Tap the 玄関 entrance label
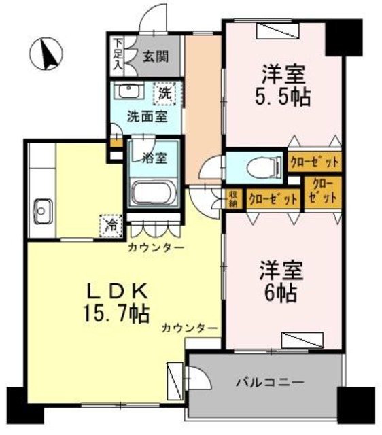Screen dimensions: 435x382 point(156,57)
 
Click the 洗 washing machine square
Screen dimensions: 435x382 point(165,92)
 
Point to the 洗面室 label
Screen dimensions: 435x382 point(147,116)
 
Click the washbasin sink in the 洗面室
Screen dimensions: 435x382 point(128,91)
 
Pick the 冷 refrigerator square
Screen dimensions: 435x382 point(110,224)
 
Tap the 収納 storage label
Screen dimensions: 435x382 point(232,198)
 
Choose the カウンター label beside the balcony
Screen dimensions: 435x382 point(190,329)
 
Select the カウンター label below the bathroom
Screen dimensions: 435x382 point(156,248)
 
